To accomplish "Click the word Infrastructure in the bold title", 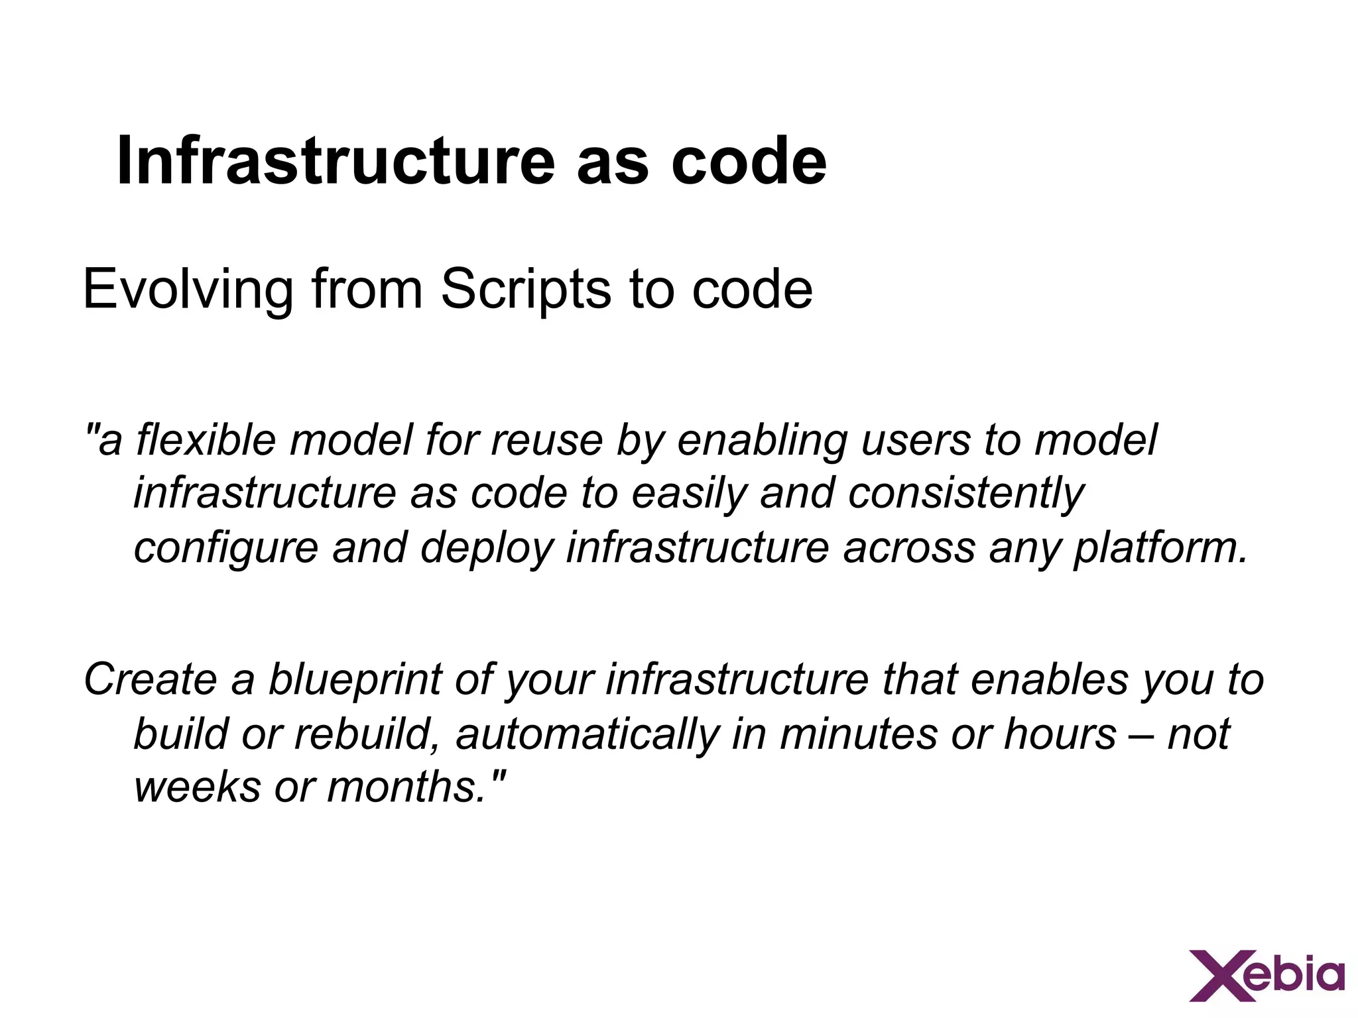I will [335, 161].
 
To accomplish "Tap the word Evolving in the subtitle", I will [188, 289].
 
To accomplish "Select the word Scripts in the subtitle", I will [526, 289].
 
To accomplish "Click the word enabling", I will [761, 441].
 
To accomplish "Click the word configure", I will [226, 548].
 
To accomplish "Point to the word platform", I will [1160, 548].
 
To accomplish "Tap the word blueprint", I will [355, 680].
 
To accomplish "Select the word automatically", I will [587, 734].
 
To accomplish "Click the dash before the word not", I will [1142, 735].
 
